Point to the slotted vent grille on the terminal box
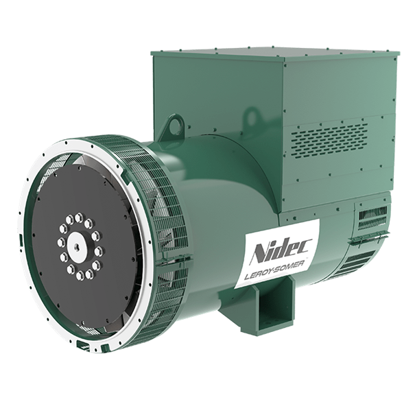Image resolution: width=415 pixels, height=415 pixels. pos(329,139)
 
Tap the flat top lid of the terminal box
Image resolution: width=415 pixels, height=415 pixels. pos(275,54)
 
